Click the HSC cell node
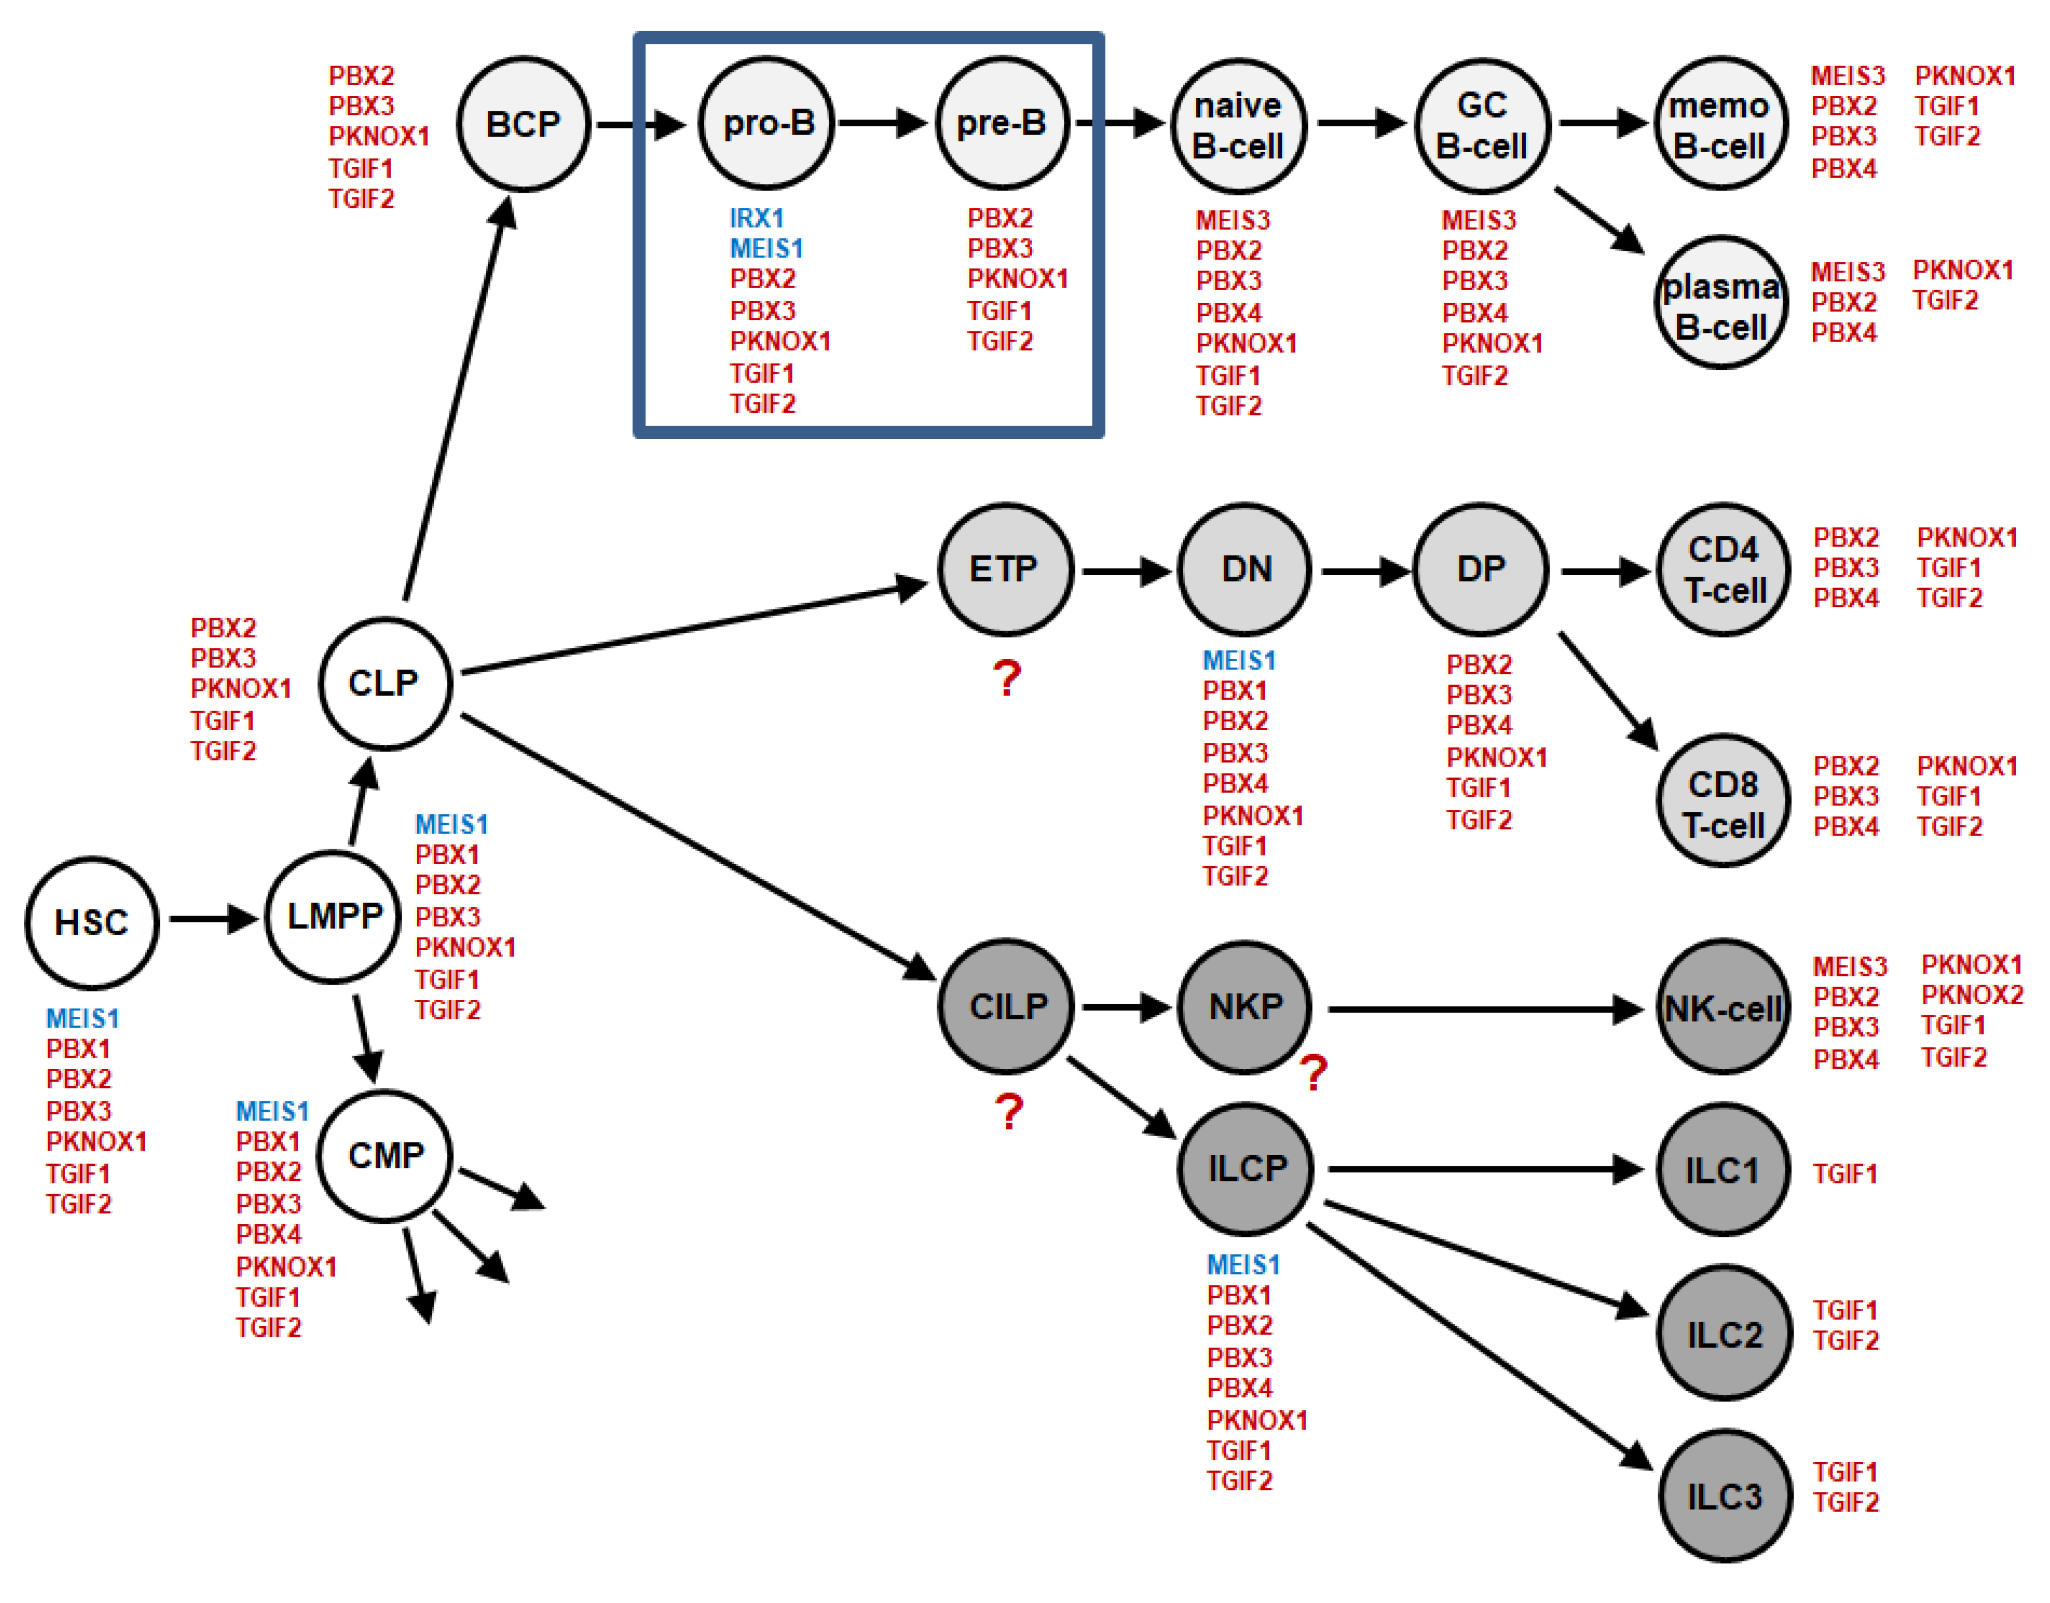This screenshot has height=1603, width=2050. (x=91, y=922)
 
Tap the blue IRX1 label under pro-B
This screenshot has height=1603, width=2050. (x=757, y=218)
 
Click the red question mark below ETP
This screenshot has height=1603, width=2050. (x=1007, y=678)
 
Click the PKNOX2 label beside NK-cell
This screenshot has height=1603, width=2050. (x=1971, y=995)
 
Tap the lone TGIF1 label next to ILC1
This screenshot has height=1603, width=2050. (x=1844, y=1173)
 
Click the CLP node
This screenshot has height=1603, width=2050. (x=385, y=682)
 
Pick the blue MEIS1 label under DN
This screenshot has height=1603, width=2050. (x=1239, y=660)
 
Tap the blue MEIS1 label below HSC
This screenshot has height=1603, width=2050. (x=82, y=1018)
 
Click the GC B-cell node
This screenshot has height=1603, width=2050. (x=1482, y=125)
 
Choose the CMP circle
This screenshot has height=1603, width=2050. (x=385, y=1155)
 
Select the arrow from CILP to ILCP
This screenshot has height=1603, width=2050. (x=1122, y=1098)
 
